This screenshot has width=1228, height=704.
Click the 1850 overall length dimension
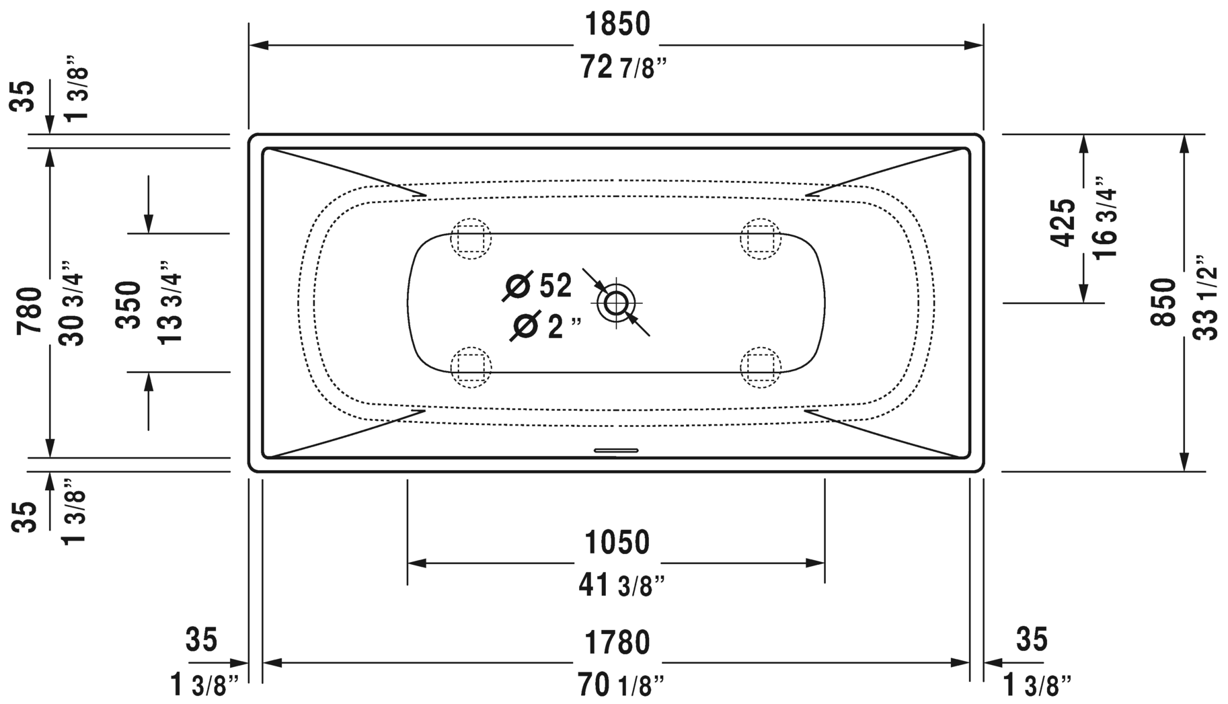617,25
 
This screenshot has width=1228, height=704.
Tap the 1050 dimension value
617,543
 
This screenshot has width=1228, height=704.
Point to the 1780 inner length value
617,643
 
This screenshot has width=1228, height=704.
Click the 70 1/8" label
621,686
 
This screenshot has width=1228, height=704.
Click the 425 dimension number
1063,223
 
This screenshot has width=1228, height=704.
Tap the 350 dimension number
128,305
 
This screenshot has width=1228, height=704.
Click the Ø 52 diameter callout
538,286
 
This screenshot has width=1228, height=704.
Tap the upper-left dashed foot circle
471,238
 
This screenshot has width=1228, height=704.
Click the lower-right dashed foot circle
761,367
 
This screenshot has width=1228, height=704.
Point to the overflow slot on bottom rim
615,451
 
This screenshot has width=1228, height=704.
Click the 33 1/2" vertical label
1207,297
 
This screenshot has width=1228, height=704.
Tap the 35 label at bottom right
1032,639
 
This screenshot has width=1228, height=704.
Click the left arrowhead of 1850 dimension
260,45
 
